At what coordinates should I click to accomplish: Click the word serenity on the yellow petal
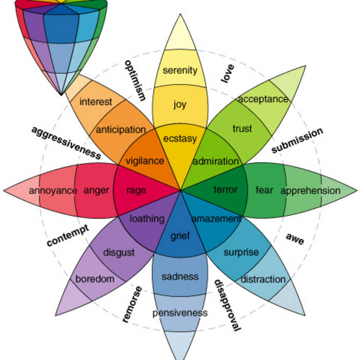pyautogui.click(x=180, y=70)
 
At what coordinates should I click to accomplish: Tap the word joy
pyautogui.click(x=180, y=105)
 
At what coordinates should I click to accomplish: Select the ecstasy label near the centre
pyautogui.click(x=180, y=138)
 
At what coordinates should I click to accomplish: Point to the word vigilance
pyautogui.click(x=145, y=161)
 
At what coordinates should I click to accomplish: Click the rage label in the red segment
pyautogui.click(x=136, y=190)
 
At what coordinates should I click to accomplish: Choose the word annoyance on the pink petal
pyautogui.click(x=53, y=191)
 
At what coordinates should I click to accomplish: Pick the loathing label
pyautogui.click(x=147, y=219)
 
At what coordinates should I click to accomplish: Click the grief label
pyautogui.click(x=180, y=237)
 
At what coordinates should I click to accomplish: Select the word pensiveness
pyautogui.click(x=180, y=313)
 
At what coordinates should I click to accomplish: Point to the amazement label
pyautogui.click(x=216, y=219)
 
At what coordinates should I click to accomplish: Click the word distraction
pyautogui.click(x=263, y=279)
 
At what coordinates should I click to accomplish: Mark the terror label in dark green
pyautogui.click(x=226, y=190)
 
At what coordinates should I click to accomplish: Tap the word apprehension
pyautogui.click(x=310, y=191)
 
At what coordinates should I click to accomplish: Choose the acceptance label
pyautogui.click(x=263, y=99)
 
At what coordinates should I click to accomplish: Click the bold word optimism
pyautogui.click(x=135, y=80)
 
